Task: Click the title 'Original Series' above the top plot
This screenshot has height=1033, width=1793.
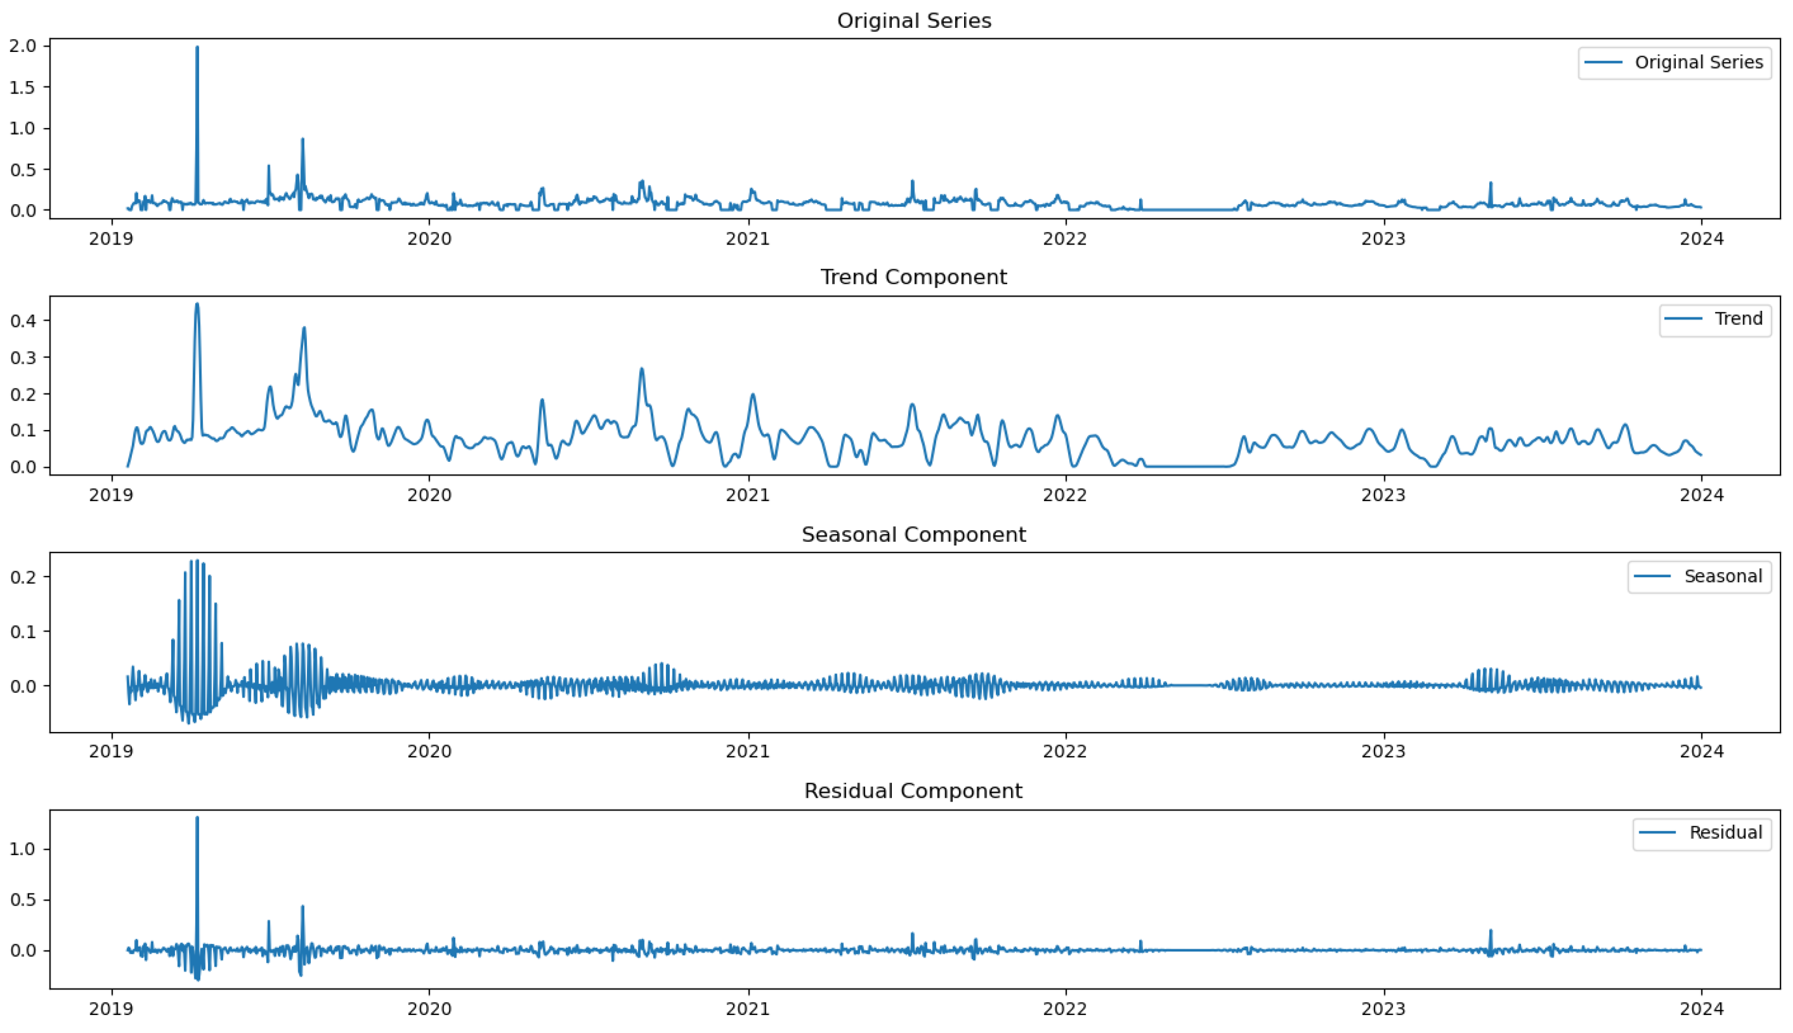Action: pos(914,21)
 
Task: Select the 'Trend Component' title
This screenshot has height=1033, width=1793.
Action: pos(914,277)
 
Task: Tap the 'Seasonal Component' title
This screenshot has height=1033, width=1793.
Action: pos(914,534)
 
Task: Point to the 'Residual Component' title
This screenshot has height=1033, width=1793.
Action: pos(914,791)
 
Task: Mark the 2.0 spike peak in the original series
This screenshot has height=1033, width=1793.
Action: pos(197,48)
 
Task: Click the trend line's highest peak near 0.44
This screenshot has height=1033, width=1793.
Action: pos(197,304)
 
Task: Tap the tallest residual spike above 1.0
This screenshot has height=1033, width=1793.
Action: pos(197,818)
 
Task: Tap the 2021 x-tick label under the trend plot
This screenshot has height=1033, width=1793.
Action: pos(747,495)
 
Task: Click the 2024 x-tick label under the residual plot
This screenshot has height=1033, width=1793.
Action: pos(1701,1009)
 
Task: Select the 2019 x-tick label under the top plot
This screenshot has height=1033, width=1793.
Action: pos(112,239)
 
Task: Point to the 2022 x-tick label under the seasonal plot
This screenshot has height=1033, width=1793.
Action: pos(1065,752)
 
